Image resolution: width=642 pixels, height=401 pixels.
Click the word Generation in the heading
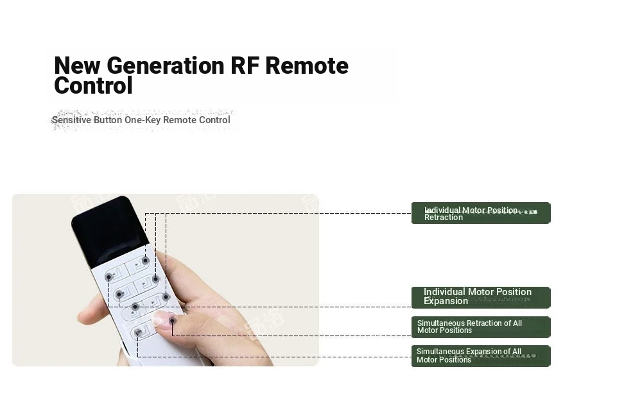point(166,65)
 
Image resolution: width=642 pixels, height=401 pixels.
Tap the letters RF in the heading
point(245,65)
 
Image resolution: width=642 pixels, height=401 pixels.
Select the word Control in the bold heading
point(93,85)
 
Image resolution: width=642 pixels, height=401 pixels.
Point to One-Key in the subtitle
point(143,120)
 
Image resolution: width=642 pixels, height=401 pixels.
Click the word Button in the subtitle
point(108,120)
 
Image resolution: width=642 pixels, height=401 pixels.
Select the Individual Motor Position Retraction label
point(481,213)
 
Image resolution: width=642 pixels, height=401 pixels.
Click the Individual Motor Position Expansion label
point(481,298)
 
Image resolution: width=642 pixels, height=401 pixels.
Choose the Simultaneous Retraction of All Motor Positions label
point(481,327)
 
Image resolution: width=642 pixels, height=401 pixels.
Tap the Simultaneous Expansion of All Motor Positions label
point(481,356)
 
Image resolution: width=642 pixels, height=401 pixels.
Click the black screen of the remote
point(110,231)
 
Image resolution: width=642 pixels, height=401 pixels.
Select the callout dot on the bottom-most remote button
point(138,332)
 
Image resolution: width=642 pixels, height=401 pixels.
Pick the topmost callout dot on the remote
point(145,260)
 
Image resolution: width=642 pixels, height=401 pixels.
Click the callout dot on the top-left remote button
point(109,277)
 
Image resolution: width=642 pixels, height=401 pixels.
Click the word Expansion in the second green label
point(446,301)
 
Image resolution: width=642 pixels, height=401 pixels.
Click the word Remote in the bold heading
point(307,65)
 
